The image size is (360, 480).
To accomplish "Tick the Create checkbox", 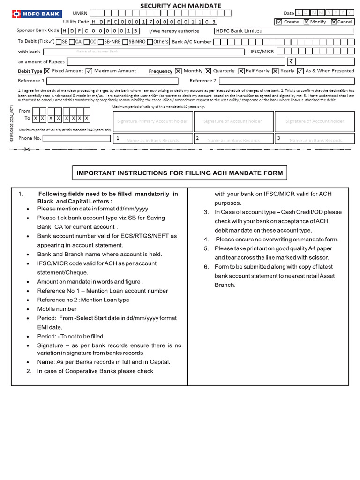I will click(279, 22).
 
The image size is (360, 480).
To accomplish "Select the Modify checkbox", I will click(306, 22).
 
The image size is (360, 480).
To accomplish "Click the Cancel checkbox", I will click(333, 22).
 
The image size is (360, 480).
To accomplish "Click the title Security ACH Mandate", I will click(181, 6).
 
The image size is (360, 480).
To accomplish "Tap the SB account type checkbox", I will click(58, 42).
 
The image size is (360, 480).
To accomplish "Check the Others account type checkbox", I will click(150, 42).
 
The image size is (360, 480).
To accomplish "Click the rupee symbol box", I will click(291, 61).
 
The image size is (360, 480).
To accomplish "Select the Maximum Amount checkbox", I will click(88, 71).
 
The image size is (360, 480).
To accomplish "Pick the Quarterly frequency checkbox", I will click(207, 71).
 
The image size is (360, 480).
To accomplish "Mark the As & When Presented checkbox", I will click(300, 71).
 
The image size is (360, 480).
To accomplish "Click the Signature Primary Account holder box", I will click(153, 121).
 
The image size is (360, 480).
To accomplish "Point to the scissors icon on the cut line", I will click(26, 150).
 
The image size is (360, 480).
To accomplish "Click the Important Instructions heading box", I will click(180, 173).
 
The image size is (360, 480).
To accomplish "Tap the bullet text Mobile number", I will click(57, 309).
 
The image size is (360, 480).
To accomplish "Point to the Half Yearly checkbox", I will click(241, 71).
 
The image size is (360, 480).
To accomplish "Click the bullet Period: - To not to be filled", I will click(71, 336).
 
